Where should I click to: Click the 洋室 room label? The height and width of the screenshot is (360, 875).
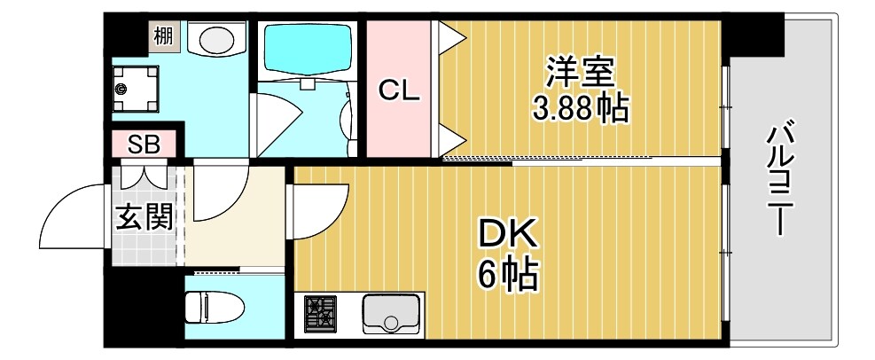point(580,70)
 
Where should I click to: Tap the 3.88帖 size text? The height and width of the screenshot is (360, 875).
point(580,108)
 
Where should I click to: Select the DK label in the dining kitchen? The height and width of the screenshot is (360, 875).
point(508,236)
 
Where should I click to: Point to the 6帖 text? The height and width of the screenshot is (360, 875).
point(508,276)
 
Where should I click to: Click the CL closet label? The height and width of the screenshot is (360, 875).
point(399,90)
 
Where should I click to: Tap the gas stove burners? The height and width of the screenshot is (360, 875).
point(321,313)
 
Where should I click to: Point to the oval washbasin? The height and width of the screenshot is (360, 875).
point(215,39)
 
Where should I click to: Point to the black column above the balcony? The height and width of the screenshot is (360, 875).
point(757,32)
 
